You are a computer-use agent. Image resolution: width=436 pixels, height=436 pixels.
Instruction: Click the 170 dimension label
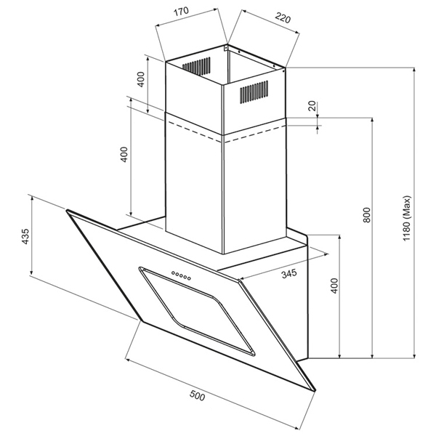(181, 12)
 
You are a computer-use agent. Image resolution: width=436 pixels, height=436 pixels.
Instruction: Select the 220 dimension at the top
(283, 18)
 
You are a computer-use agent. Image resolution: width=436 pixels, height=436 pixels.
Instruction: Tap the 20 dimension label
(312, 106)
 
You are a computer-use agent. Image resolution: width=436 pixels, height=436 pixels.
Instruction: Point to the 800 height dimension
(367, 214)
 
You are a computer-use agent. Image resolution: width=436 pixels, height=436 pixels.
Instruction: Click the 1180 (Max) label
(406, 218)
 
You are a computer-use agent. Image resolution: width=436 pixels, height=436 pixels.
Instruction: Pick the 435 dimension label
(25, 236)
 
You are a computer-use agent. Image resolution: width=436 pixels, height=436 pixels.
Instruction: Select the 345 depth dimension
(289, 274)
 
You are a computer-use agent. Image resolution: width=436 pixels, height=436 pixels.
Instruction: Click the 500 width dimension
(197, 395)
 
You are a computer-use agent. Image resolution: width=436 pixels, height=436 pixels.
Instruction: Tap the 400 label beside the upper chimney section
(141, 79)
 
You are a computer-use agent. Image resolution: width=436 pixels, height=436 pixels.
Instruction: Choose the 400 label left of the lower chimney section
(124, 154)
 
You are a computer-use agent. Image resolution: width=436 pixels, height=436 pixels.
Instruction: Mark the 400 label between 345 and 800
(334, 286)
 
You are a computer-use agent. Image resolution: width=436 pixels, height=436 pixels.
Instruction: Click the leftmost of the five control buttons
(173, 272)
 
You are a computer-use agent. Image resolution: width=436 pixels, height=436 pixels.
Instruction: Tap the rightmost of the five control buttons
(189, 278)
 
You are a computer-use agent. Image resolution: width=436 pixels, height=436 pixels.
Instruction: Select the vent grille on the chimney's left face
(196, 66)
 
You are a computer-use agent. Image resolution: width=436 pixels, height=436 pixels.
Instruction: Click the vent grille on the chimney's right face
(254, 92)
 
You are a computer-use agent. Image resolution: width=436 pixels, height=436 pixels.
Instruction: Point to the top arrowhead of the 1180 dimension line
(415, 69)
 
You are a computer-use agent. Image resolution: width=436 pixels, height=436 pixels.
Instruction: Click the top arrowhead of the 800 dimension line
(372, 120)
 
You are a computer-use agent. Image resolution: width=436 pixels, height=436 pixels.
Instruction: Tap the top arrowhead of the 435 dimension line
(32, 198)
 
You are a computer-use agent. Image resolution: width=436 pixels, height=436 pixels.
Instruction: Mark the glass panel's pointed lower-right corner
(315, 391)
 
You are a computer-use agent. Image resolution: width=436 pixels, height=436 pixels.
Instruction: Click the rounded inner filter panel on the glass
(197, 312)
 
